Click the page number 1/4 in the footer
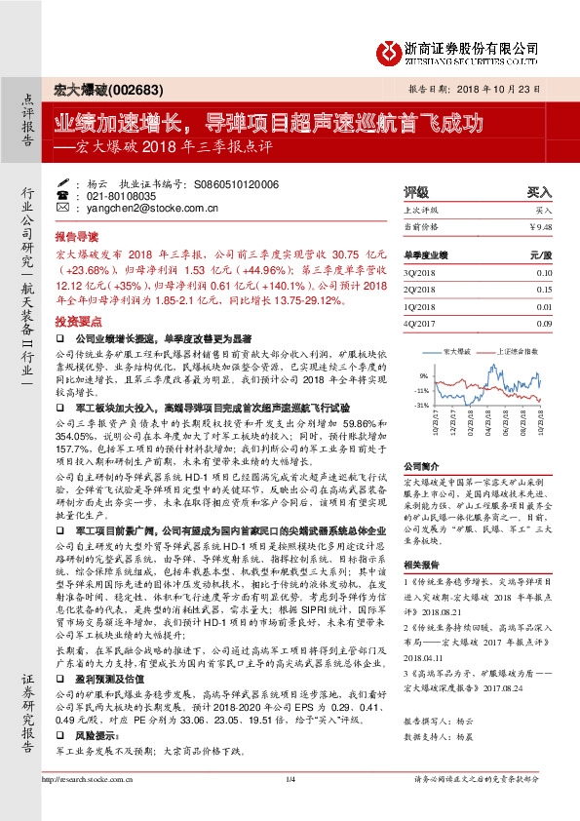290,807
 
